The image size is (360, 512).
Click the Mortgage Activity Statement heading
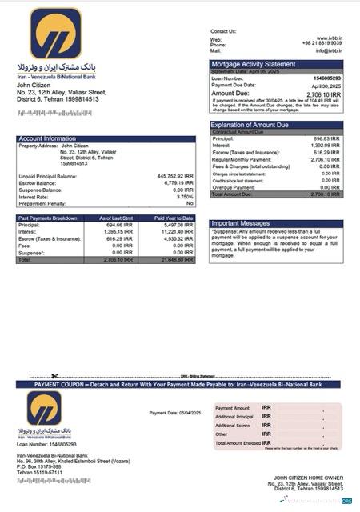tap(253, 63)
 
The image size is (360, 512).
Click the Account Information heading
tap(47, 138)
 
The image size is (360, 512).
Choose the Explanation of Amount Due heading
tap(254, 125)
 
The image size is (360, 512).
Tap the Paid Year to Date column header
tap(175, 218)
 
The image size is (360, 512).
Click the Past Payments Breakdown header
tap(48, 218)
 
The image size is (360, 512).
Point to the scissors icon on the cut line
tap(54, 375)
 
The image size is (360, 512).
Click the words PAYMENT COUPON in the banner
tap(62, 384)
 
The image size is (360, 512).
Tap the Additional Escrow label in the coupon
tap(234, 425)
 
